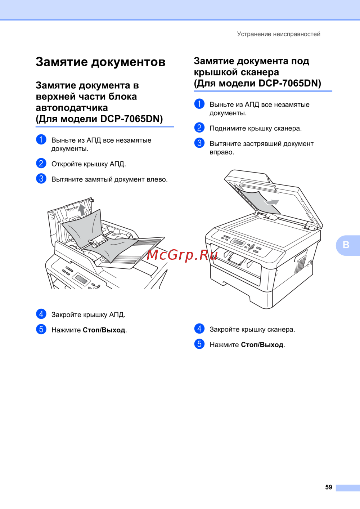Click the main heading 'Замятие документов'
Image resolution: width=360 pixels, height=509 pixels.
pos(100,62)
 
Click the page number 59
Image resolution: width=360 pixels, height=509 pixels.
pos(328,487)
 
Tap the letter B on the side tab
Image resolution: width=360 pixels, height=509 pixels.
pos(346,245)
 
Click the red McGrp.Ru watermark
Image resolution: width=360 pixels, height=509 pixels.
pos(182,255)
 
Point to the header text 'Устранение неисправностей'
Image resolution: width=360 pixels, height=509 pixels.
pos(279,34)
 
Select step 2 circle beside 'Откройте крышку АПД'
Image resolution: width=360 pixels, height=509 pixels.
pos(41,164)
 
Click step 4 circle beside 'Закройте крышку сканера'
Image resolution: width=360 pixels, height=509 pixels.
pos(199,329)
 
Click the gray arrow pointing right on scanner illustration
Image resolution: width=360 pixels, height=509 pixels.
pos(271,202)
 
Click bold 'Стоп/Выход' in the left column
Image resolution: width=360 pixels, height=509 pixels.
pos(104,330)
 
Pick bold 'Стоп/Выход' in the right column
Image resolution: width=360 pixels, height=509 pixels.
pos(262,345)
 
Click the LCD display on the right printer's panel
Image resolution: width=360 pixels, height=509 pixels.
pos(237,242)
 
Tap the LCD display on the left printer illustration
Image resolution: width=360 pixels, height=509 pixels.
pos(81,279)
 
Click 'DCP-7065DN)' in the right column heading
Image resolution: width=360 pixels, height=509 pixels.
pos(290,84)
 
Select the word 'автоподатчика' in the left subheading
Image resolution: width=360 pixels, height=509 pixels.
pos(72,108)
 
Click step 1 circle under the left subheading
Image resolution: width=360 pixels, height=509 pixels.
pos(41,139)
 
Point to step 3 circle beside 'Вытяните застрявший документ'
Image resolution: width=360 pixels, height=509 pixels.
pos(199,143)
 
